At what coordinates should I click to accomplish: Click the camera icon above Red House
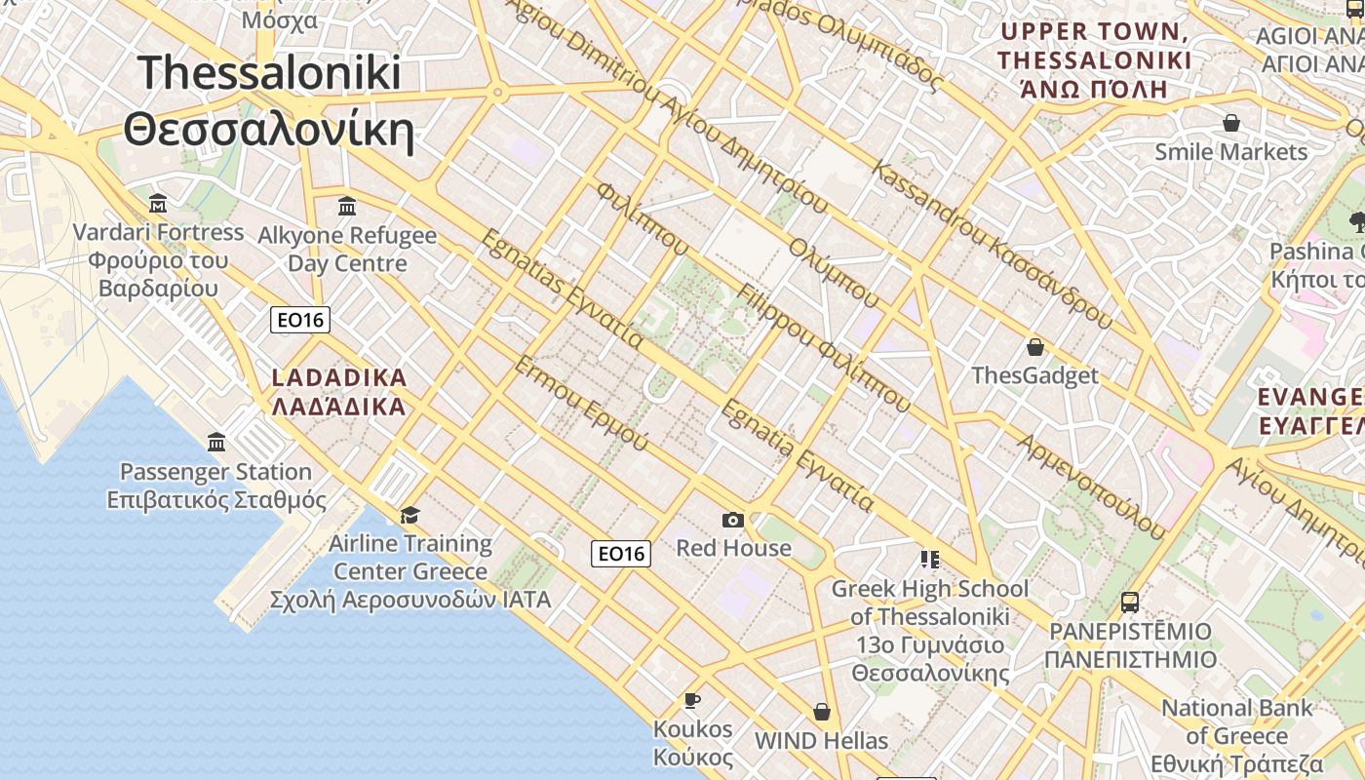pos(733,521)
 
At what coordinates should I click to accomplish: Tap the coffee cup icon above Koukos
pos(692,700)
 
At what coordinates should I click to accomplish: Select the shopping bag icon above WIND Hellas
pos(822,712)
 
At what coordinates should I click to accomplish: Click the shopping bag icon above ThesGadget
pos(1034,347)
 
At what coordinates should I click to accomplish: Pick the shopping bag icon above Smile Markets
pos(1231,123)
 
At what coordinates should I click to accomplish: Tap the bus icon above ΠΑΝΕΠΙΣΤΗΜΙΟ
pos(1130,603)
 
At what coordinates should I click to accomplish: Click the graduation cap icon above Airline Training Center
pos(410,515)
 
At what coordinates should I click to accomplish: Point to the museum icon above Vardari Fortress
pos(158,204)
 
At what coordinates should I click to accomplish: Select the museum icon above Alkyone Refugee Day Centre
pos(347,207)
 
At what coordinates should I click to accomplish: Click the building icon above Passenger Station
pos(216,443)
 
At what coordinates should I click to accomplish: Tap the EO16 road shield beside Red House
pos(621,554)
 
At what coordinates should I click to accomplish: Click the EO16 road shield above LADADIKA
pos(300,319)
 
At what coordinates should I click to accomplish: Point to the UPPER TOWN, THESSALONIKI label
pos(1094,60)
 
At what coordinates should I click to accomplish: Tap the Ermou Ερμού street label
pos(580,404)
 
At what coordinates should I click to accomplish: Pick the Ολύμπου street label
pos(834,272)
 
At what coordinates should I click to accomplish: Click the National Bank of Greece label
pos(1237,735)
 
